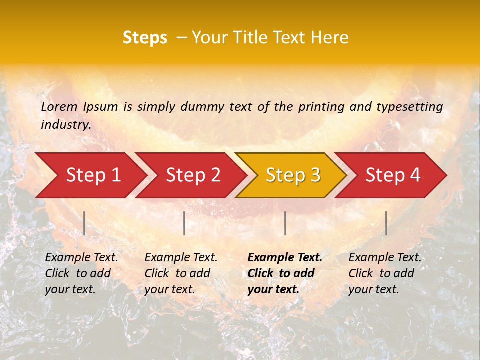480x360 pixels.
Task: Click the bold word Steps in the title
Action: click(145, 38)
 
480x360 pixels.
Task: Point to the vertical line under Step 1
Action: click(84, 223)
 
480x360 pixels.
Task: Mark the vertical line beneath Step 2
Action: click(184, 223)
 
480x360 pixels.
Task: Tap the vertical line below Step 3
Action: click(285, 223)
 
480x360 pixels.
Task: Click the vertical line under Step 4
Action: click(386, 223)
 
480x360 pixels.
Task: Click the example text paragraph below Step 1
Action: click(81, 273)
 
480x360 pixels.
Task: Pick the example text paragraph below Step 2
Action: click(181, 273)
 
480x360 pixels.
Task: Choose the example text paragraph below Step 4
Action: click(385, 273)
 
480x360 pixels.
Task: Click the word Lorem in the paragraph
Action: click(59, 106)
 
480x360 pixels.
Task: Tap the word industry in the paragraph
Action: click(65, 125)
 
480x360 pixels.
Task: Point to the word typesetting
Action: click(409, 106)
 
